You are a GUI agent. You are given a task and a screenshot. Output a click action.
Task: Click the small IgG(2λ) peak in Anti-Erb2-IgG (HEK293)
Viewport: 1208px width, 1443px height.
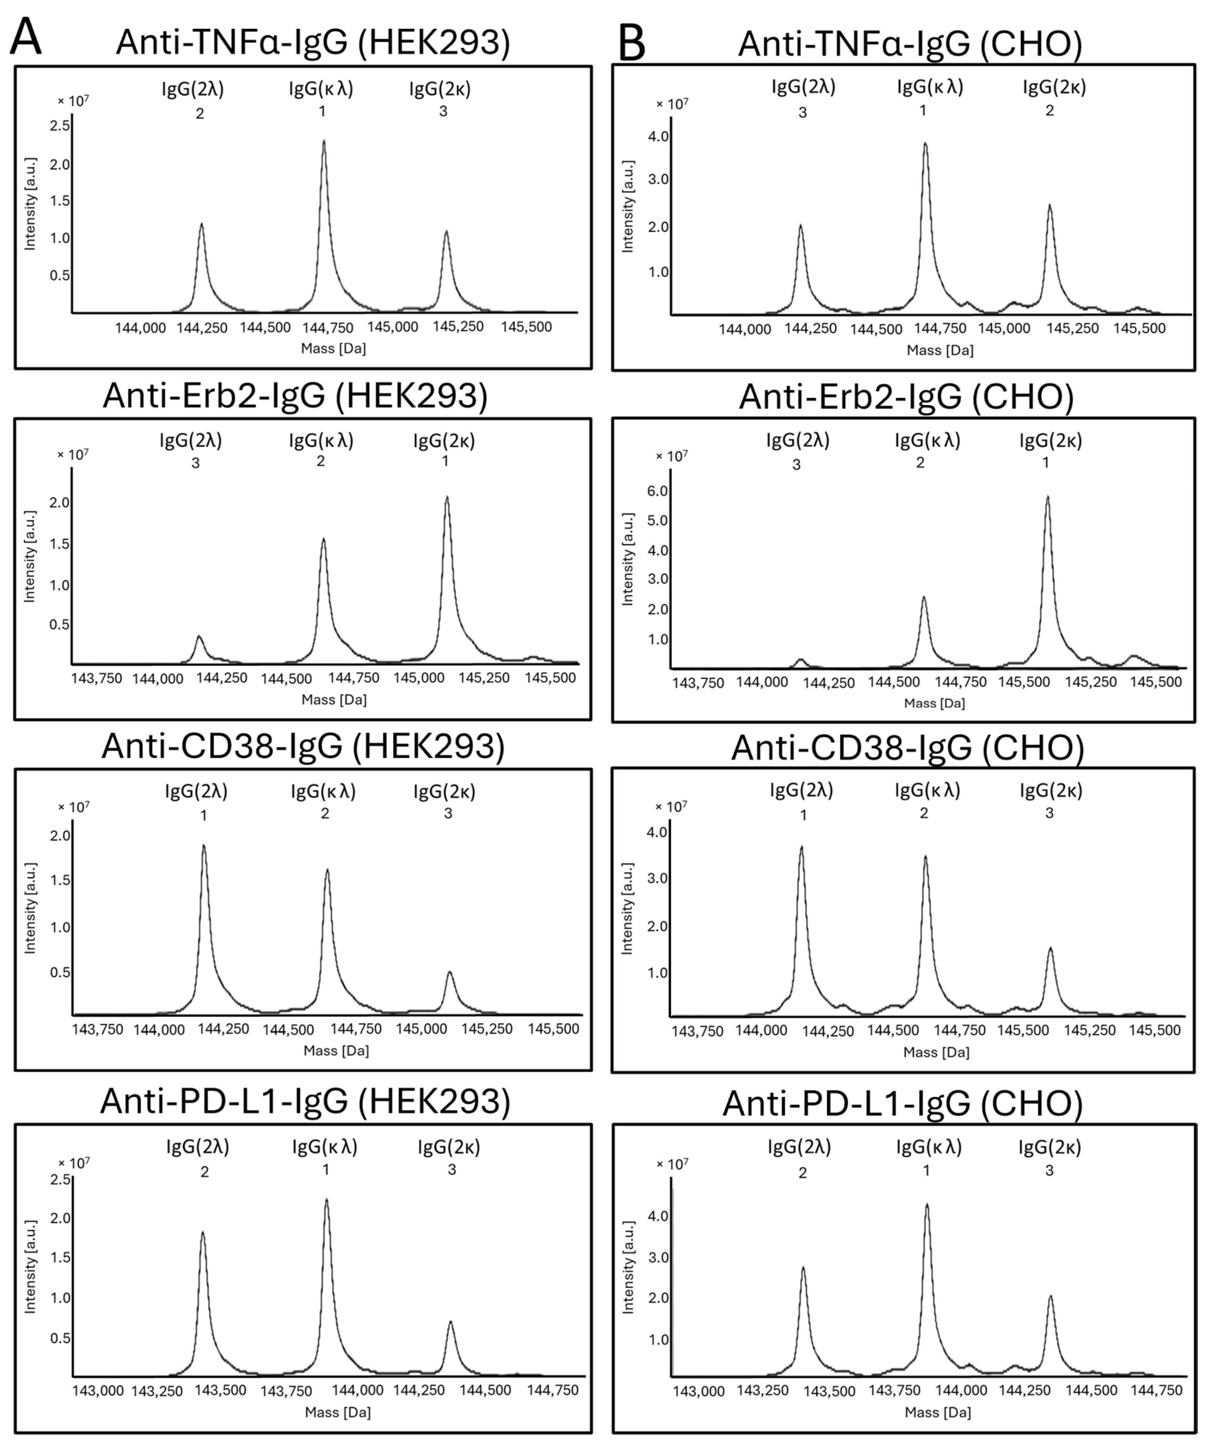tap(199, 637)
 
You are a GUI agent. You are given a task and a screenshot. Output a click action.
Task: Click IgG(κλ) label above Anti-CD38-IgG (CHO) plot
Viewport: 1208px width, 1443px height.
tap(927, 790)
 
